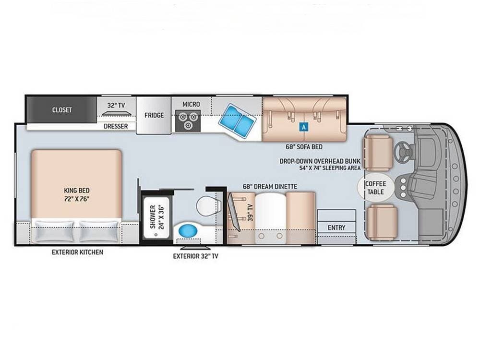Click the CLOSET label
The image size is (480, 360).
(62, 110)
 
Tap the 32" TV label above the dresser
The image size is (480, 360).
(116, 104)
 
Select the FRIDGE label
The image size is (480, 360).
(154, 115)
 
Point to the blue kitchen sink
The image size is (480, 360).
(237, 120)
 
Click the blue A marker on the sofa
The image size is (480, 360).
(303, 127)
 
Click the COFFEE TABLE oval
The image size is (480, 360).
(375, 187)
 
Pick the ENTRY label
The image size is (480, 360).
(336, 228)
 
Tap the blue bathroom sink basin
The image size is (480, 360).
(188, 230)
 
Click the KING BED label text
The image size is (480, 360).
(76, 194)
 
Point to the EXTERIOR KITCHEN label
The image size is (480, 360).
(77, 252)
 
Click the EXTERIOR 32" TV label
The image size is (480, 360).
(195, 256)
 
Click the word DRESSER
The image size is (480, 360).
(116, 127)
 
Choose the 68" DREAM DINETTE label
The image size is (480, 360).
(269, 186)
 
